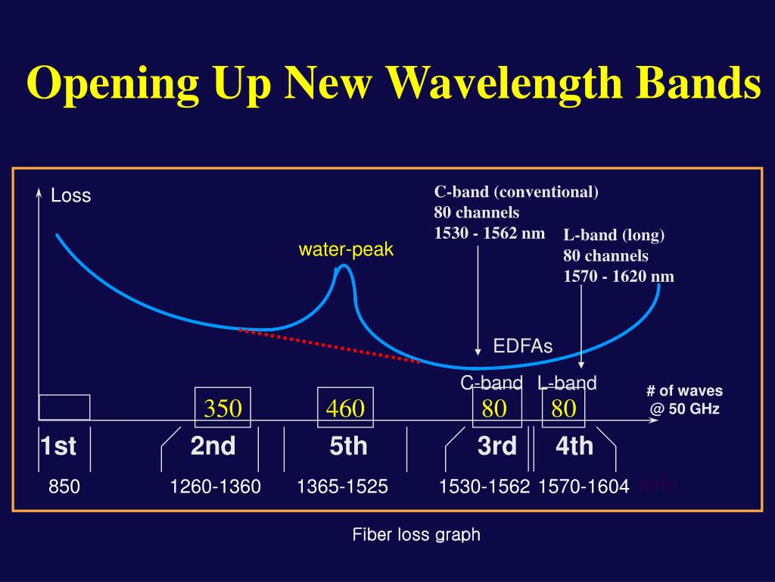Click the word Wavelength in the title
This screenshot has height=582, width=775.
499,85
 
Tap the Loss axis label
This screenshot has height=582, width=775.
70,196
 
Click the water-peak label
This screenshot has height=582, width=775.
346,249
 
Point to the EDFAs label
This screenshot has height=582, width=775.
523,346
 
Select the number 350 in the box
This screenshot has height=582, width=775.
223,409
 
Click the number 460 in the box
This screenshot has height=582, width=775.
345,409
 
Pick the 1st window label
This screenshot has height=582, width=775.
58,446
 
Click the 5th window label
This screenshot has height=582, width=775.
348,446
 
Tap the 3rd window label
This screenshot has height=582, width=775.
496,446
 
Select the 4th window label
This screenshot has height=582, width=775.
574,446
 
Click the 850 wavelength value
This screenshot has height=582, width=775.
64,487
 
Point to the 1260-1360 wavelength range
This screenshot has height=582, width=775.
216,487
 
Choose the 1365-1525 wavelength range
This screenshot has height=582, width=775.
343,487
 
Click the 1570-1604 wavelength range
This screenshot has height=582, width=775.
584,487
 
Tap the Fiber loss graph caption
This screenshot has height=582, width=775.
416,534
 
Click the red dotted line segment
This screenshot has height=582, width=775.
329,346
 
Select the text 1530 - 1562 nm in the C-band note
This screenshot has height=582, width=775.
489,233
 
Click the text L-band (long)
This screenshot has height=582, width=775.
614,235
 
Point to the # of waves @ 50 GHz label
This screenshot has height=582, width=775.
684,400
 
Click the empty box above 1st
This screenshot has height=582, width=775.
64,407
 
